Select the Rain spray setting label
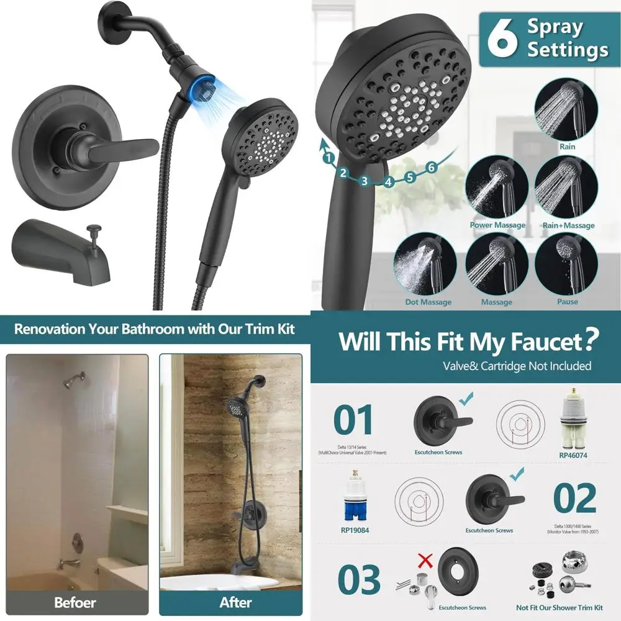(x=567, y=147)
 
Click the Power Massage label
(x=497, y=225)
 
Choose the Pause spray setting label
(x=567, y=302)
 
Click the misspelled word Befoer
(x=75, y=602)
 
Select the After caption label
(x=236, y=602)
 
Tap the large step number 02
(x=574, y=497)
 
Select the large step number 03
(x=359, y=580)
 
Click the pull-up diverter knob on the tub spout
(x=95, y=231)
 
